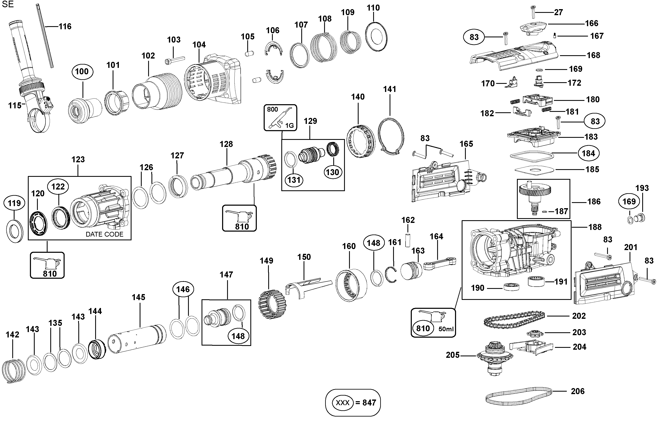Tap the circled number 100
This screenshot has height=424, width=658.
coord(82,72)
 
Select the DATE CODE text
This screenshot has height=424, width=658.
coord(105,234)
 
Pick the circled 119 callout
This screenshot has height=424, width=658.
coord(14,203)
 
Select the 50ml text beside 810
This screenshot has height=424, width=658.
coord(446,329)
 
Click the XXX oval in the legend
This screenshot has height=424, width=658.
coord(342,403)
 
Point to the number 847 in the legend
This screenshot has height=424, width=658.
coord(369,403)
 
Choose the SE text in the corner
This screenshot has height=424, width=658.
coord(8,4)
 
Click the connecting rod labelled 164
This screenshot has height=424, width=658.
coord(439,263)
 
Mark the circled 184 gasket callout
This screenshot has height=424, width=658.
coord(588,153)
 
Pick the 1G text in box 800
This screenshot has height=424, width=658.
coord(289,126)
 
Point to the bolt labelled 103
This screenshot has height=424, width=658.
coord(175,60)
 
